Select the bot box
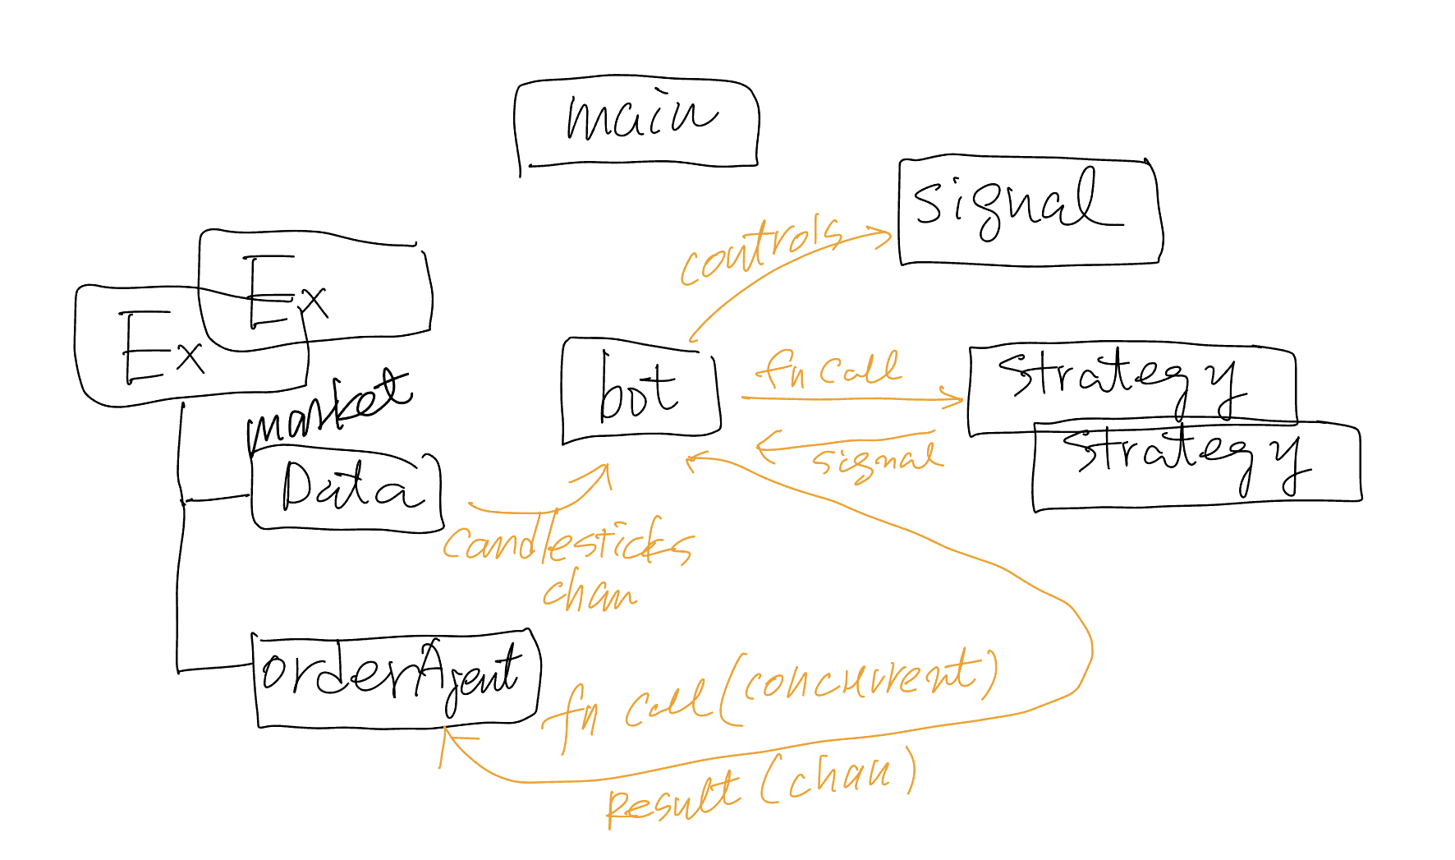640,390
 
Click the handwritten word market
328,410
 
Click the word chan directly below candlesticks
589,591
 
